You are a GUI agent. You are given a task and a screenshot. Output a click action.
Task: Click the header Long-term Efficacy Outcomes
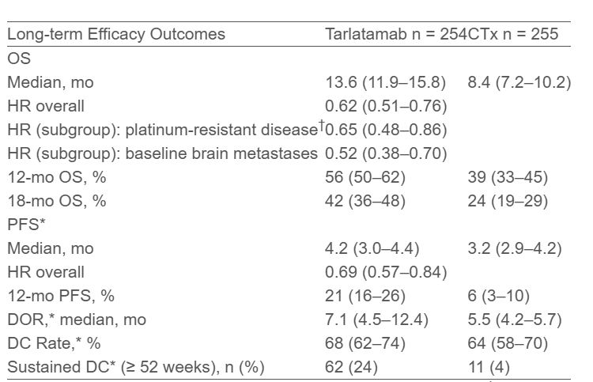tap(116, 34)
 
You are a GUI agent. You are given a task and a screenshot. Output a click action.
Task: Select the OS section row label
tap(19, 59)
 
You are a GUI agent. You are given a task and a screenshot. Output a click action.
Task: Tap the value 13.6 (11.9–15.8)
tap(385, 82)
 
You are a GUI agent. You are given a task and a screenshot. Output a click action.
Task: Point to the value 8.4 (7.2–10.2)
tap(519, 82)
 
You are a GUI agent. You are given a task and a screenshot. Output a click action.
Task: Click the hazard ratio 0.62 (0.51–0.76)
tap(386, 106)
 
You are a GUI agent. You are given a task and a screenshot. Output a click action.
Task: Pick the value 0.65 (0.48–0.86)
tap(386, 130)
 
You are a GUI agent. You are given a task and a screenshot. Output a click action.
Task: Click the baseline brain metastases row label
tap(162, 153)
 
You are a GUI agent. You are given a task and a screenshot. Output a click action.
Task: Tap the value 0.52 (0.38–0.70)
tap(386, 153)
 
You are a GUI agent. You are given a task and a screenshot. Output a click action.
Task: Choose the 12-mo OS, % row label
tap(57, 177)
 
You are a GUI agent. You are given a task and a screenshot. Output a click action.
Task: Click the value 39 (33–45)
tap(508, 177)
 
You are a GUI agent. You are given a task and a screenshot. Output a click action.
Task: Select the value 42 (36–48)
tap(365, 201)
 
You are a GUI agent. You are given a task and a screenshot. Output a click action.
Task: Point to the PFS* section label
tap(26, 225)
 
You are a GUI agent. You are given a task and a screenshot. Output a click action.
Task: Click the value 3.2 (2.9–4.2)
tap(515, 248)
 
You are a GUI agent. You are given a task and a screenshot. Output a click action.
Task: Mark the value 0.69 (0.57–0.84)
tap(386, 272)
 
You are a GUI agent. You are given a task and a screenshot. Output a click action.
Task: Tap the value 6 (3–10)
tap(498, 296)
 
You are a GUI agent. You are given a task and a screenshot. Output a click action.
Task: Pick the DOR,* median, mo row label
tap(77, 320)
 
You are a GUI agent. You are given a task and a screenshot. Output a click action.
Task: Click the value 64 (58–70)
tap(508, 343)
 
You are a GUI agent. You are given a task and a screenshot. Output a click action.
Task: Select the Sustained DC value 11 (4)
tap(489, 367)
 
